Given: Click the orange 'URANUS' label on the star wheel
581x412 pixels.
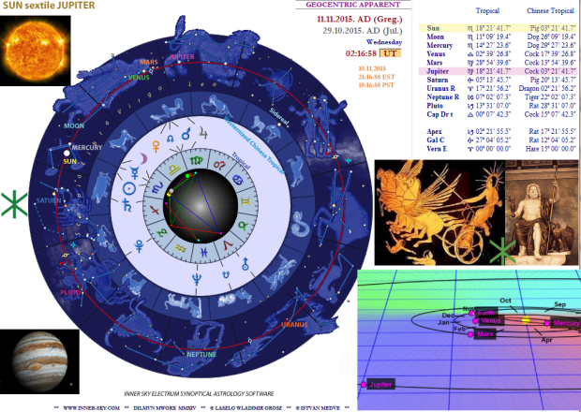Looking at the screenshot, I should coord(293,324).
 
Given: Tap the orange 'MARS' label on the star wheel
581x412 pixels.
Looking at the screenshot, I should coord(148,63).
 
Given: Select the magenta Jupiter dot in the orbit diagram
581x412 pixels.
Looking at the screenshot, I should coord(364,384).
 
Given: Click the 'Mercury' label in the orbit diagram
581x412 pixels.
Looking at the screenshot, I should coord(566,323).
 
